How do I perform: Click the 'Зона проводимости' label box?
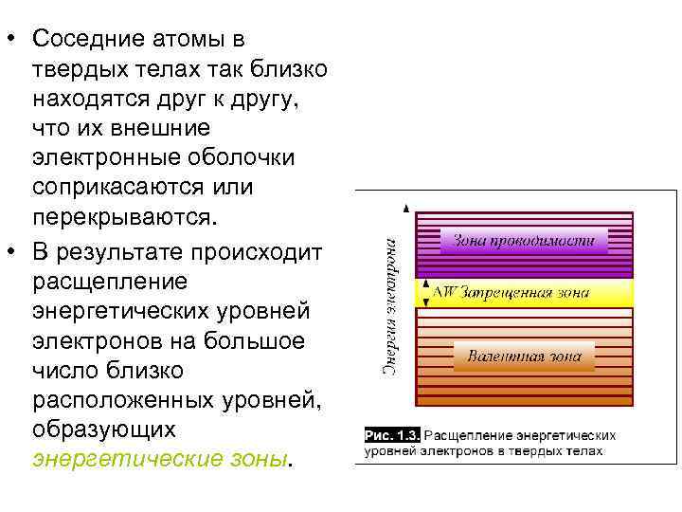[x=523, y=240]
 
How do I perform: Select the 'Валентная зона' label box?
[x=524, y=358]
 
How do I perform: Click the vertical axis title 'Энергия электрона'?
[x=389, y=302]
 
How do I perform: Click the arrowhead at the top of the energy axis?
[x=405, y=206]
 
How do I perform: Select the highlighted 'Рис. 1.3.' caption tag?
[x=392, y=434]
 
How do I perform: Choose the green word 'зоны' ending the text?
[x=260, y=458]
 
